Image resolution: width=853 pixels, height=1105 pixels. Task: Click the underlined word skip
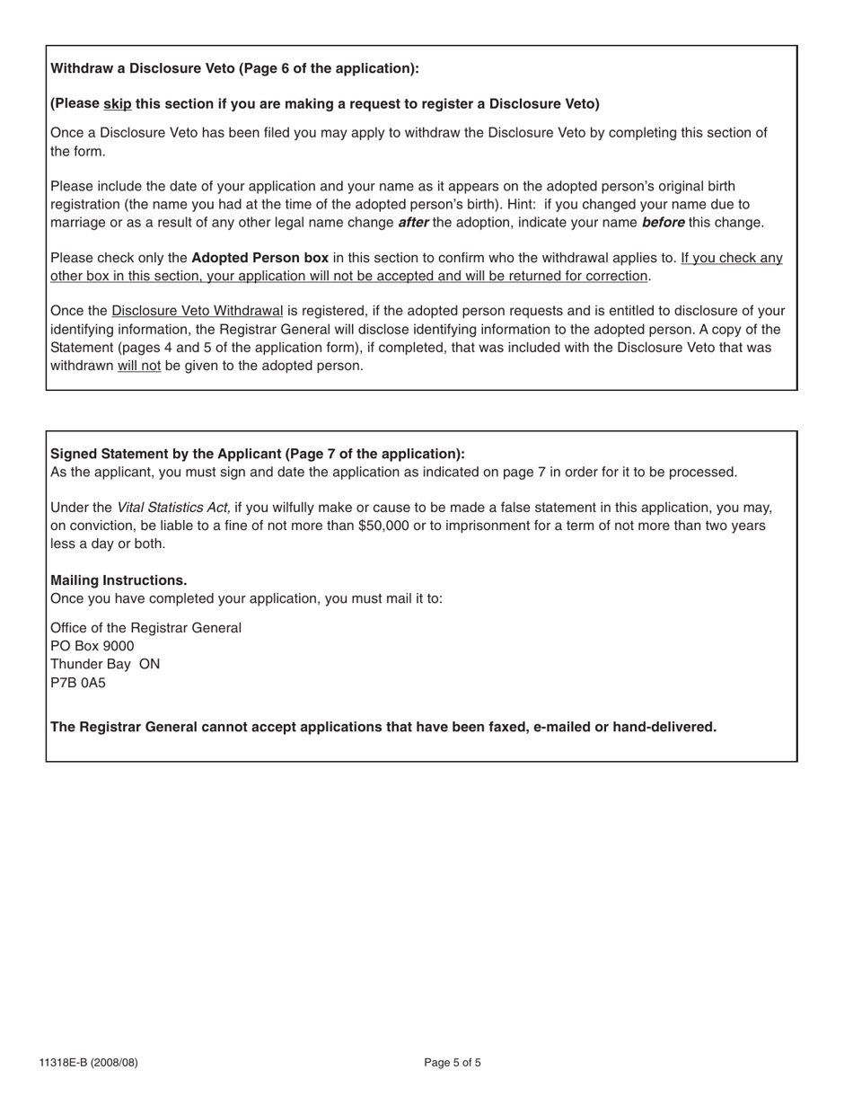pyautogui.click(x=118, y=104)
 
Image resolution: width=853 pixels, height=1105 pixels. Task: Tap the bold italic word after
pyautogui.click(x=413, y=223)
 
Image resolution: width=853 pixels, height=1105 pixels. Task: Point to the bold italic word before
pyautogui.click(x=663, y=223)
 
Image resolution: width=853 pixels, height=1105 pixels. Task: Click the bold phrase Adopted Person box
pyautogui.click(x=259, y=259)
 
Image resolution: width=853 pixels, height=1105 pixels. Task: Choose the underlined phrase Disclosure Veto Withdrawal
pyautogui.click(x=197, y=312)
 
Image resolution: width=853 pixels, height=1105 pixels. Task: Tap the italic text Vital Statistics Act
pyautogui.click(x=173, y=508)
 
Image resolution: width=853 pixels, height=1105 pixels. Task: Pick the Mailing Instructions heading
pyautogui.click(x=119, y=580)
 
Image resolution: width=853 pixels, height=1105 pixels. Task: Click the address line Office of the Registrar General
pyautogui.click(x=145, y=628)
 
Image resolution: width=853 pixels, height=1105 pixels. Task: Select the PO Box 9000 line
pyautogui.click(x=92, y=646)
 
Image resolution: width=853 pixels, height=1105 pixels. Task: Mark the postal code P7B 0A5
pyautogui.click(x=78, y=683)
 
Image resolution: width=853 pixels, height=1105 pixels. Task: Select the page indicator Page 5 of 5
pyautogui.click(x=453, y=1063)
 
